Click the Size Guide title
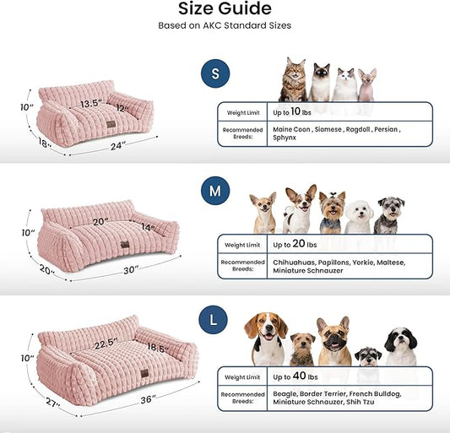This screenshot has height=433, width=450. (225, 9)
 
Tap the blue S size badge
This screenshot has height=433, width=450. (215, 75)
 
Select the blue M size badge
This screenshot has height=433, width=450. (215, 192)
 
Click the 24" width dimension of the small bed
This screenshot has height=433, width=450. (118, 146)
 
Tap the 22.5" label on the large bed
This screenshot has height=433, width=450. (106, 344)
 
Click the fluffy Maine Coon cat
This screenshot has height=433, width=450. (293, 80)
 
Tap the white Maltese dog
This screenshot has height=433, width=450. (360, 218)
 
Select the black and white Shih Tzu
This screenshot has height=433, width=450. (400, 346)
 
